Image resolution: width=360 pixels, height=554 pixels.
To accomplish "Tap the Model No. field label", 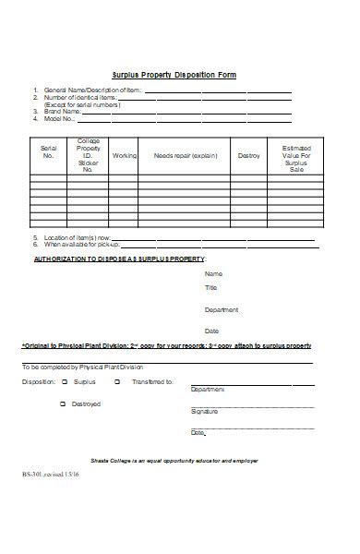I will coord(61,119).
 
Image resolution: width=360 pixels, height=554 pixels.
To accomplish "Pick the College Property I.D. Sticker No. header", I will coord(89,155).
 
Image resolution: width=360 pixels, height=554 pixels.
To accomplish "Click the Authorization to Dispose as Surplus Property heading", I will coord(119,259).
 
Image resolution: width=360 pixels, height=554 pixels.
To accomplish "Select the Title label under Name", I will coord(210,289).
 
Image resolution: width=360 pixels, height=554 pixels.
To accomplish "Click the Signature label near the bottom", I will coord(204,411).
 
